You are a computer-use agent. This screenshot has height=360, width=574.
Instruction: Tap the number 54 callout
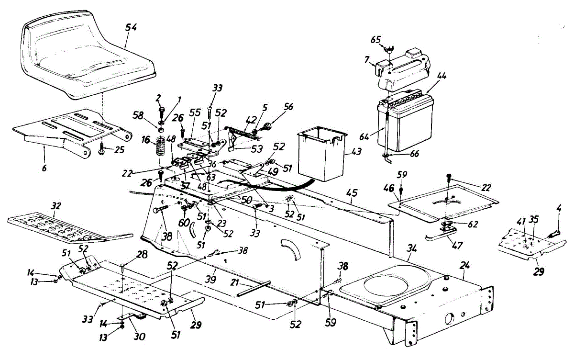131,27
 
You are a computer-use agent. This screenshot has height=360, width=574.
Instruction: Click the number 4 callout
559,209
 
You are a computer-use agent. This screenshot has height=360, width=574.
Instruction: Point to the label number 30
139,336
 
